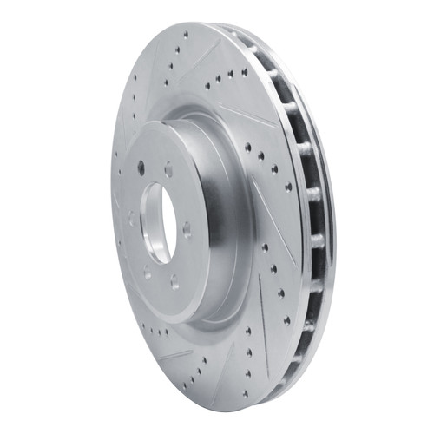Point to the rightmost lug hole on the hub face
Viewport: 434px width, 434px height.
pyautogui.click(x=186, y=228)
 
